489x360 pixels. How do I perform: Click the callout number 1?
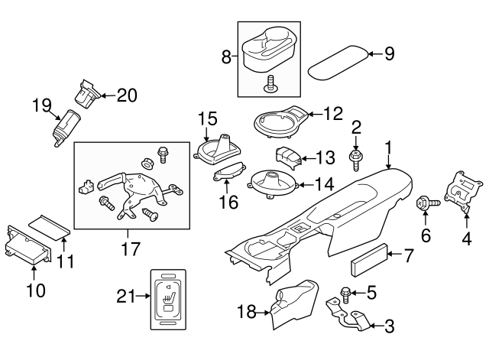tap(388, 146)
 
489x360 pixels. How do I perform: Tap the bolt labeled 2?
tap(356, 159)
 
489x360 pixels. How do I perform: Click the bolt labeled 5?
tap(344, 292)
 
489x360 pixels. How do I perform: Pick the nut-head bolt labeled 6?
tap(426, 204)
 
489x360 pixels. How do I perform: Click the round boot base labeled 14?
tap(274, 184)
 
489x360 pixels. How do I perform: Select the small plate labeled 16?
tap(228, 175)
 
